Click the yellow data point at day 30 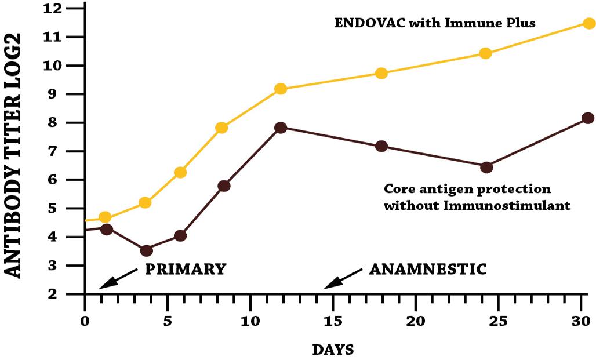pos(588,23)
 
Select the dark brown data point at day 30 pos(587,118)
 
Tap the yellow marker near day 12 pos(281,89)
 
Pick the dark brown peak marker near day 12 pos(281,128)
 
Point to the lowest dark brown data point pos(146,250)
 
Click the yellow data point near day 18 pos(381,73)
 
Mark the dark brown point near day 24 pos(486,167)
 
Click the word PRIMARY pos(185,270)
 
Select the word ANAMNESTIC pos(428,270)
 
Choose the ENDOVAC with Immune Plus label pos(435,24)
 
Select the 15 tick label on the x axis pos(333,321)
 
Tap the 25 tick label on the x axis pos(499,321)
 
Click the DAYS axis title pos(333,350)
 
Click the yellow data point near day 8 pos(221,128)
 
